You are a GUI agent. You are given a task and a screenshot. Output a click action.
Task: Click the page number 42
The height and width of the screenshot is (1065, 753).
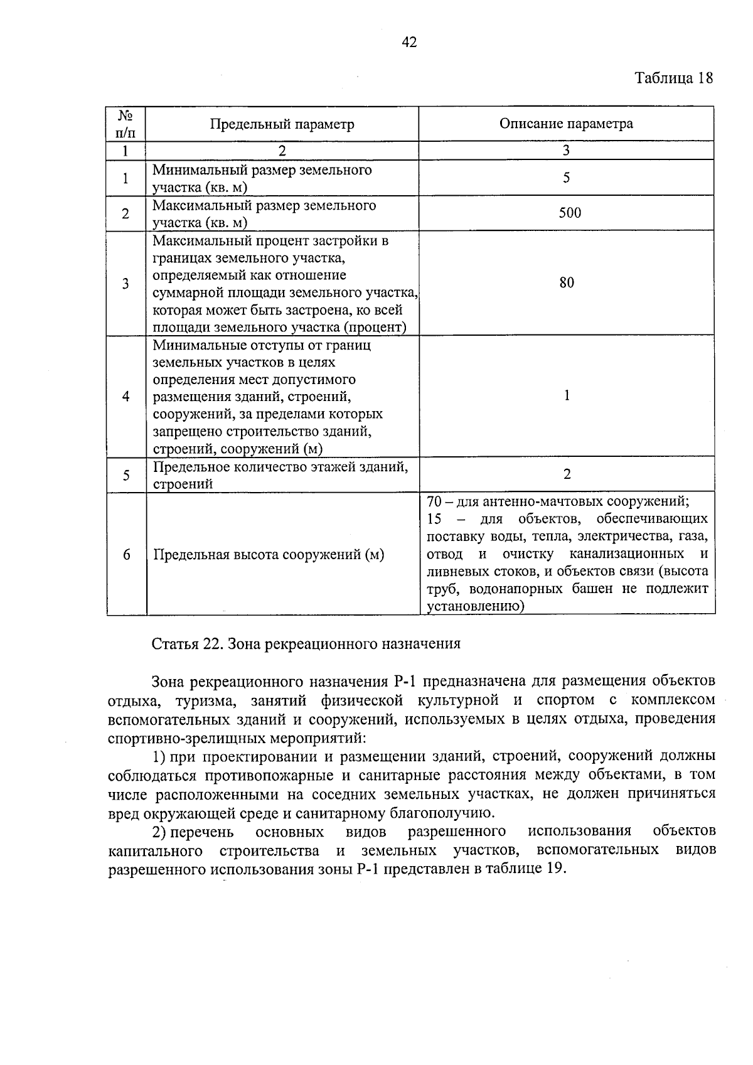(x=409, y=42)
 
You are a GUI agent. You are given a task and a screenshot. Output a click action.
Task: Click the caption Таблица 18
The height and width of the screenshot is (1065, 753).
(x=674, y=78)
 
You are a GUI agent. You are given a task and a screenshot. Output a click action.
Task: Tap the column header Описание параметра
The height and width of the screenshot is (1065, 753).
(x=566, y=123)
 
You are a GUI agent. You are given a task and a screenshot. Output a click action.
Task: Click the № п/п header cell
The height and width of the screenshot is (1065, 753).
(x=125, y=124)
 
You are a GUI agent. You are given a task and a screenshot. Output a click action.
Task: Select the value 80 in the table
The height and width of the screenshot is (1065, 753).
(x=567, y=282)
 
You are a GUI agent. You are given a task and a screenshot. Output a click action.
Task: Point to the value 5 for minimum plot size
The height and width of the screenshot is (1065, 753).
(x=567, y=178)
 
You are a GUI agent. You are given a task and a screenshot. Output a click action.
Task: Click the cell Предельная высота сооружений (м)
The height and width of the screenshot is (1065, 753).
(x=269, y=554)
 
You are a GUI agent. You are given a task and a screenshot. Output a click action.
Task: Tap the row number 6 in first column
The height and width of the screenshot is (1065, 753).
(x=126, y=554)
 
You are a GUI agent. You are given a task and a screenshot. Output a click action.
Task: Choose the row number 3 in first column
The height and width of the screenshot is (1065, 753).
(x=125, y=283)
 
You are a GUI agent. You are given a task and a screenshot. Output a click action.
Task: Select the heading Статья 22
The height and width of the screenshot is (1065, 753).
(x=184, y=643)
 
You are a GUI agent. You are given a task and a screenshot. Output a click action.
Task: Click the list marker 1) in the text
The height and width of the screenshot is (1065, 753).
(x=159, y=756)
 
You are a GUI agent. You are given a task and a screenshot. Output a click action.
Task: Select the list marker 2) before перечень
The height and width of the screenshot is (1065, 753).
(x=159, y=832)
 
